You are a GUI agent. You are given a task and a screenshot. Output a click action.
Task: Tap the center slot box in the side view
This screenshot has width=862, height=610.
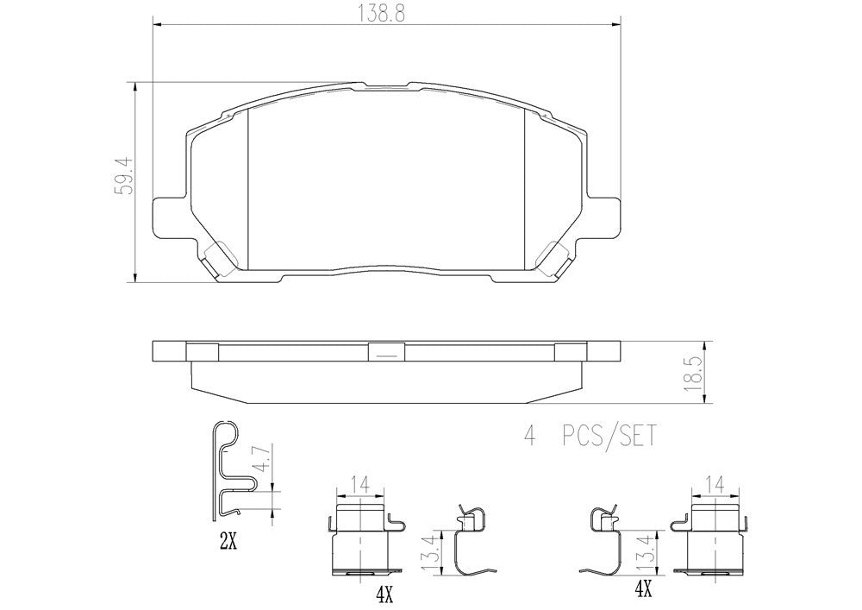[x=386, y=352]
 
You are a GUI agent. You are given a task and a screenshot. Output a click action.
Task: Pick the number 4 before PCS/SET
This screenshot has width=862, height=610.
[x=529, y=437]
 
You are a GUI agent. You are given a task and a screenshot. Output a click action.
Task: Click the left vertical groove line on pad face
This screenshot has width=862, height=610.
[x=247, y=186]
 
